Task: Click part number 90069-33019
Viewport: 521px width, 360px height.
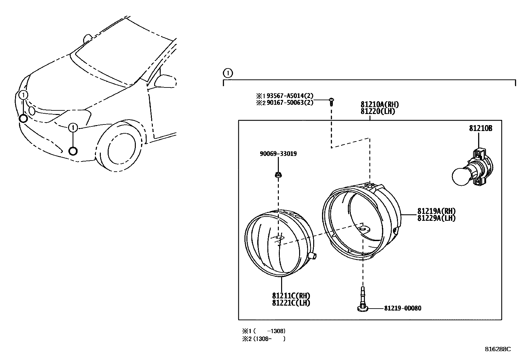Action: [x=278, y=154]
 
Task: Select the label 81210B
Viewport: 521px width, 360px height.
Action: [x=480, y=129]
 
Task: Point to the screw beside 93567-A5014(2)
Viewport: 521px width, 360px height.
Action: [x=332, y=102]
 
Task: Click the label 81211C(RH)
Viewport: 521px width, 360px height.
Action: [x=291, y=296]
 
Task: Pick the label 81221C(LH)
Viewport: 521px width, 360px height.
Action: [x=291, y=303]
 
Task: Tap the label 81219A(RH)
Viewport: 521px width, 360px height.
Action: [x=436, y=211]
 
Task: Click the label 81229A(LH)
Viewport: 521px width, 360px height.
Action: [x=436, y=218]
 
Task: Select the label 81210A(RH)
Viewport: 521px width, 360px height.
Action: [x=380, y=104]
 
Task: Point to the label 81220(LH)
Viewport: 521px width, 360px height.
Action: [x=378, y=111]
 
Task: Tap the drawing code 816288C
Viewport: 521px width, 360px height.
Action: [x=497, y=349]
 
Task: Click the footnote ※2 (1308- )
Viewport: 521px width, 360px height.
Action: [x=264, y=339]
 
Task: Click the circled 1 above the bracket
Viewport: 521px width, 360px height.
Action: [x=228, y=73]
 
